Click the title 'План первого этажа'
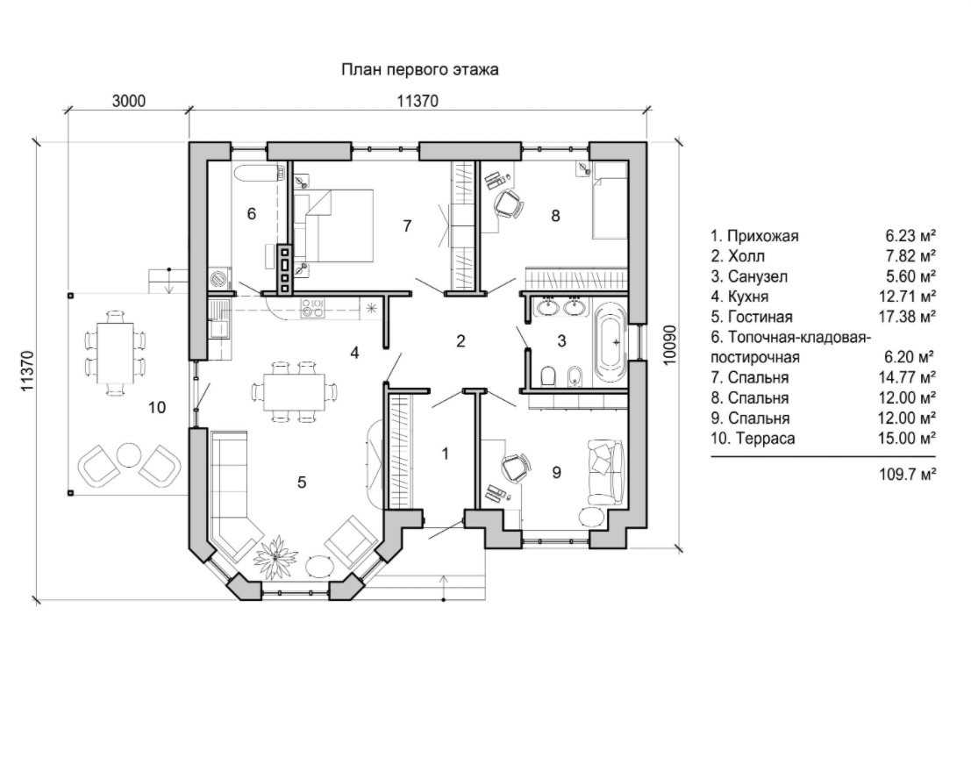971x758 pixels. [419, 70]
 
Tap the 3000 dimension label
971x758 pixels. [128, 102]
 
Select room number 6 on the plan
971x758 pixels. [252, 212]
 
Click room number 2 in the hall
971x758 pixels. [461, 341]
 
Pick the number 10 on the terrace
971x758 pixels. [156, 407]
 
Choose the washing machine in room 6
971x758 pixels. [218, 280]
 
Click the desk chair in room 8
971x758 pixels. [509, 204]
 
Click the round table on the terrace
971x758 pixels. [130, 455]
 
